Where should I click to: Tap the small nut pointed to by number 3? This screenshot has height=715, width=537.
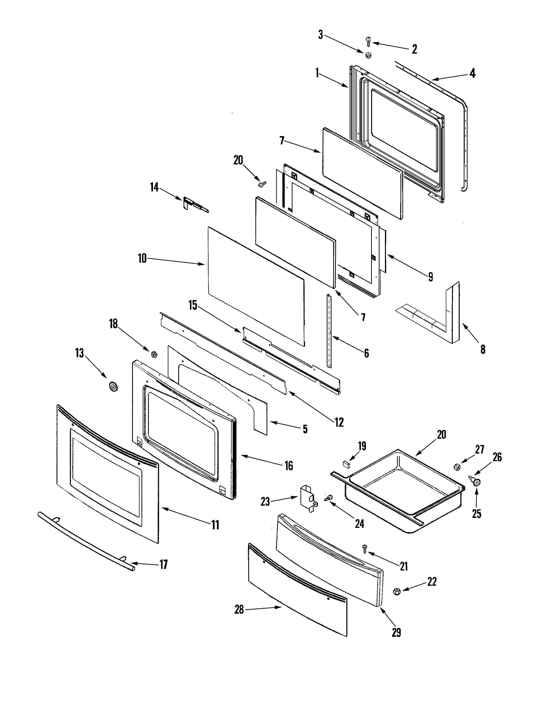[x=368, y=55]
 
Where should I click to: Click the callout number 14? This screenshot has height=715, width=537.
[x=154, y=187]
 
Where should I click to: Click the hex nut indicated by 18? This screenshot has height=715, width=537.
[x=154, y=354]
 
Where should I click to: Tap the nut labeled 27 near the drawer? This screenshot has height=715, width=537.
[x=457, y=466]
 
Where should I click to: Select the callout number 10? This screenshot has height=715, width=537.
[x=142, y=259]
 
